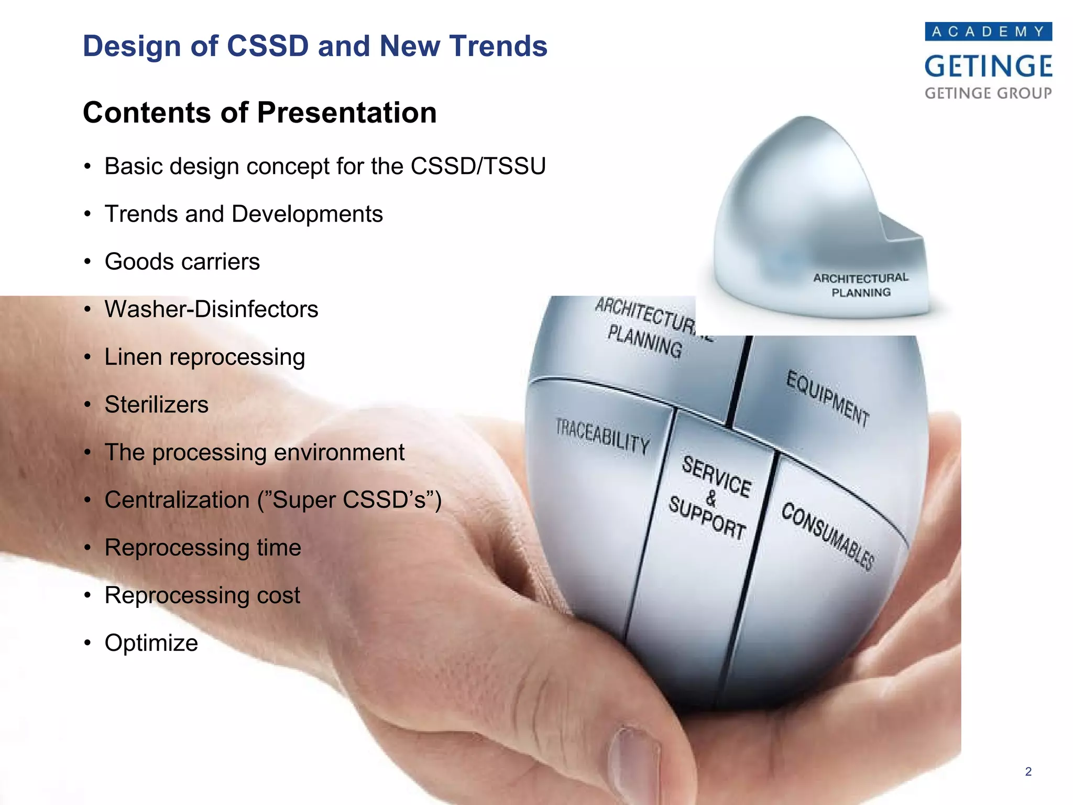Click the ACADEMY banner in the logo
(988, 31)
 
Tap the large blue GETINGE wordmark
(988, 67)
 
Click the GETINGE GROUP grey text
(988, 93)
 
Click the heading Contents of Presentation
(259, 113)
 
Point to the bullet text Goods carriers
(182, 262)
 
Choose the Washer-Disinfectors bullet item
(211, 309)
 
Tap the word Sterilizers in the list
(156, 405)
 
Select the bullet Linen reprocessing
(204, 357)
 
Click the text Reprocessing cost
(202, 595)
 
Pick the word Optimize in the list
(151, 643)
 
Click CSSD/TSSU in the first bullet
(478, 166)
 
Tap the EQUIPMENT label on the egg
(827, 398)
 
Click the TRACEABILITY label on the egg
(603, 436)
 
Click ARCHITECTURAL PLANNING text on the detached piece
(861, 285)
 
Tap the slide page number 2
(1028, 771)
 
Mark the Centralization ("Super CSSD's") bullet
(272, 500)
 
